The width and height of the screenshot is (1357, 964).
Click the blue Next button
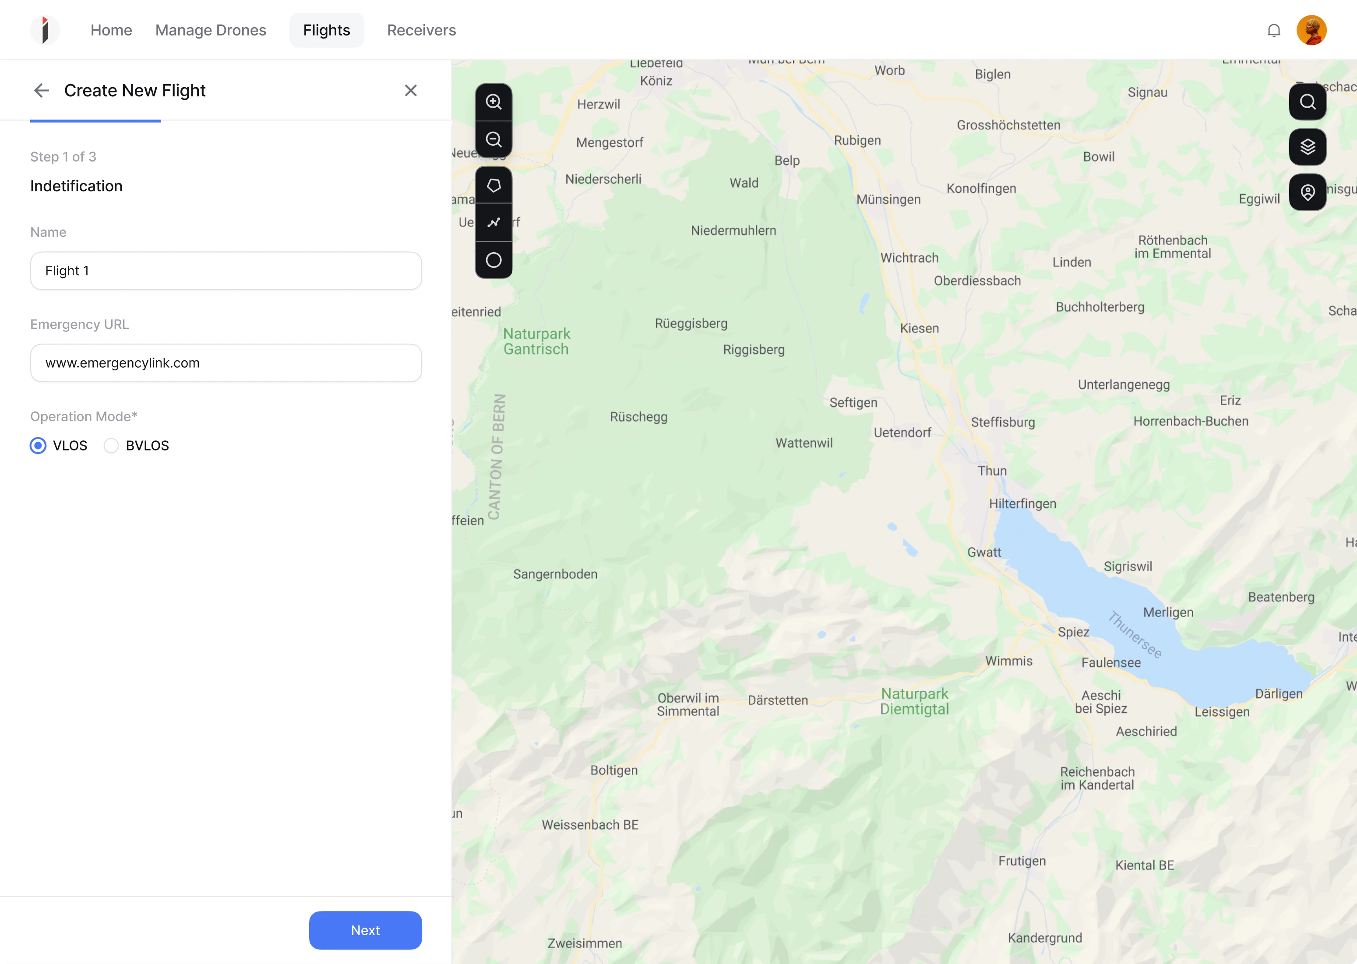(365, 930)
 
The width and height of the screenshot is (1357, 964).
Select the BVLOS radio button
(111, 446)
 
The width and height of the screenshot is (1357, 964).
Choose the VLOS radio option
(38, 446)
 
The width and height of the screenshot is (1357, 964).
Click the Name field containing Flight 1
(226, 271)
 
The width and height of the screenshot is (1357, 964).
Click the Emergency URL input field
(226, 362)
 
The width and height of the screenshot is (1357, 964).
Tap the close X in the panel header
(410, 90)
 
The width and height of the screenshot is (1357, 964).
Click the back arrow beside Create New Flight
(42, 90)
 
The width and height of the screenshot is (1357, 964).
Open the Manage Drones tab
(211, 30)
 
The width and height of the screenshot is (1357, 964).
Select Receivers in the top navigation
(422, 30)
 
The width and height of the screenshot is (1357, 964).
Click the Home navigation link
(111, 30)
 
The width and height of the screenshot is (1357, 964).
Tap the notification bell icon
(1273, 30)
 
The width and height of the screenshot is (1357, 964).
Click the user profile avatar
(1311, 30)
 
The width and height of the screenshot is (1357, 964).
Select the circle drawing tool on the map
(493, 260)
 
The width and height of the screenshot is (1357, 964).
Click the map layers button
(1307, 147)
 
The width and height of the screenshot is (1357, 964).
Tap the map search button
(1307, 102)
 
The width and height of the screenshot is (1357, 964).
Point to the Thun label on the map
(992, 471)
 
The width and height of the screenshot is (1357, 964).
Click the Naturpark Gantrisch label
(537, 341)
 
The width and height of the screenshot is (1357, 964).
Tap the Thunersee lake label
(1135, 634)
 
